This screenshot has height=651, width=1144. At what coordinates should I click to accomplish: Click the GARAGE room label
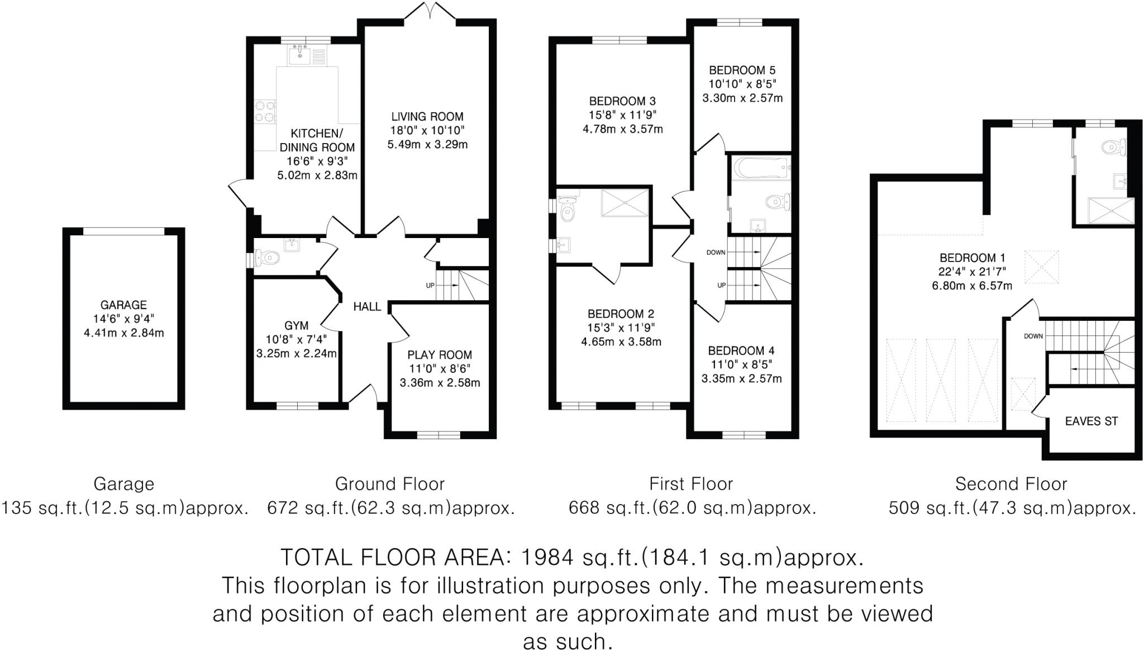click(123, 305)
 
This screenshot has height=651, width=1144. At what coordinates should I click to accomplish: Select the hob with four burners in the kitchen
click(265, 111)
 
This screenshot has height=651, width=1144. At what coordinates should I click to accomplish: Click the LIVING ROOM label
click(427, 117)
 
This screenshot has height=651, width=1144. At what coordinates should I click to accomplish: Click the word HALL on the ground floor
click(367, 307)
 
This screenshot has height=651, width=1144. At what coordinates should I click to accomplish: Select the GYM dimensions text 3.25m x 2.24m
click(297, 353)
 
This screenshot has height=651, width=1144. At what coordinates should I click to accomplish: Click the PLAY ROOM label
click(440, 355)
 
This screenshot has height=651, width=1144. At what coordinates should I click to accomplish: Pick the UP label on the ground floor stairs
click(430, 286)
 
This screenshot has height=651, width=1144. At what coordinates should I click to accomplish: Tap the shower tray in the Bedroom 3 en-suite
click(625, 203)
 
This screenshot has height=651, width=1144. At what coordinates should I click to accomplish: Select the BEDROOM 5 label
click(742, 70)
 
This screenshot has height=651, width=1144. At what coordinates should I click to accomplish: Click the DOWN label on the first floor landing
click(716, 253)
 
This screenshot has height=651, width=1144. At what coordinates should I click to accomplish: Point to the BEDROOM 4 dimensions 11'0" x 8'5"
click(741, 365)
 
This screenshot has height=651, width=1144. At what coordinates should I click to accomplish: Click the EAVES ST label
click(1091, 421)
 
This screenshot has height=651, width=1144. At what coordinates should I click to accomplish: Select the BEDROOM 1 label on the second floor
click(973, 258)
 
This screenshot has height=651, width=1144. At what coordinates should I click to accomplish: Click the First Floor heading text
click(691, 484)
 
